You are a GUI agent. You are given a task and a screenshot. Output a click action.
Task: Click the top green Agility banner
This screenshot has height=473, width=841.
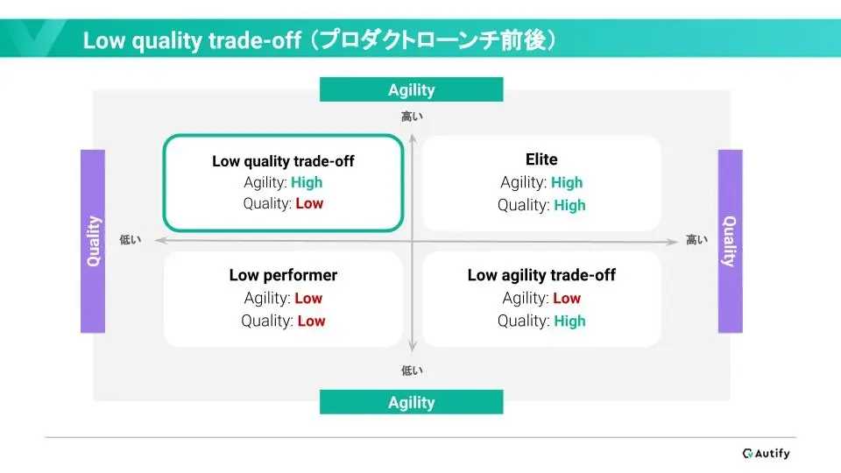point(412,89)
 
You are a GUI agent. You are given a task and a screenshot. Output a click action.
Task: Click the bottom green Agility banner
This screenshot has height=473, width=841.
point(412,402)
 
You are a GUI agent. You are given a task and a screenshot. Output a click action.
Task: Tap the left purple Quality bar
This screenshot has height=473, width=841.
point(93,242)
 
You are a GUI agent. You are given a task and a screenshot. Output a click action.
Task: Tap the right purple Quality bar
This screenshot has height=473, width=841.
point(731,242)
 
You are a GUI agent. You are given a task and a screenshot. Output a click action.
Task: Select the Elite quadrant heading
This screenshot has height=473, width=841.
point(541,159)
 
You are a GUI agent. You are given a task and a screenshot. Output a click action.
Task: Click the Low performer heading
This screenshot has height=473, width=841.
point(283,275)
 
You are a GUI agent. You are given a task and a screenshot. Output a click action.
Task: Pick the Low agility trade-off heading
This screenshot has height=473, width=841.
point(541,275)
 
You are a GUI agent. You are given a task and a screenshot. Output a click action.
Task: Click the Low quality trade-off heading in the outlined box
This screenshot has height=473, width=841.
point(283,161)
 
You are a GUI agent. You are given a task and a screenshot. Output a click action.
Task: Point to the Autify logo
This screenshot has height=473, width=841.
point(766,454)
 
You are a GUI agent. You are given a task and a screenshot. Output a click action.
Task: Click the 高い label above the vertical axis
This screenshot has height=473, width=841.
point(412,116)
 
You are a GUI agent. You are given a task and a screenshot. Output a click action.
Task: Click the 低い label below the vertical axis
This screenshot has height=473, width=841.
point(412,371)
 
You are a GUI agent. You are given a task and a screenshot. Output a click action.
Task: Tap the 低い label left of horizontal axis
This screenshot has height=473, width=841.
point(131,240)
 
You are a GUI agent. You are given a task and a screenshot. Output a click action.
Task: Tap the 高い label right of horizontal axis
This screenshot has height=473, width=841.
point(696,240)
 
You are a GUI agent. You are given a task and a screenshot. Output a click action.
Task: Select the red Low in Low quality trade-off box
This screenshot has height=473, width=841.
point(309,204)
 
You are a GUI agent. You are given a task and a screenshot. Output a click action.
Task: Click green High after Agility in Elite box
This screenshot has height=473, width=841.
point(567,183)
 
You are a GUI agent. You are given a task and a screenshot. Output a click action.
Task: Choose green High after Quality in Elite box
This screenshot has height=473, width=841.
point(569,205)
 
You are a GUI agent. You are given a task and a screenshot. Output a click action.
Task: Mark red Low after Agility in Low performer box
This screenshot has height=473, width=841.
point(308,298)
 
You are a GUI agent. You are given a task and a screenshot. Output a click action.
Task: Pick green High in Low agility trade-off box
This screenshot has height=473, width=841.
point(569,321)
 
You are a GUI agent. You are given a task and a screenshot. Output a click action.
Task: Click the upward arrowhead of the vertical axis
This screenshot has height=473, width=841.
point(413,139)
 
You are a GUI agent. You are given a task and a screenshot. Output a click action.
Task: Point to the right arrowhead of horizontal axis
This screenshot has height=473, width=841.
point(673,242)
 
